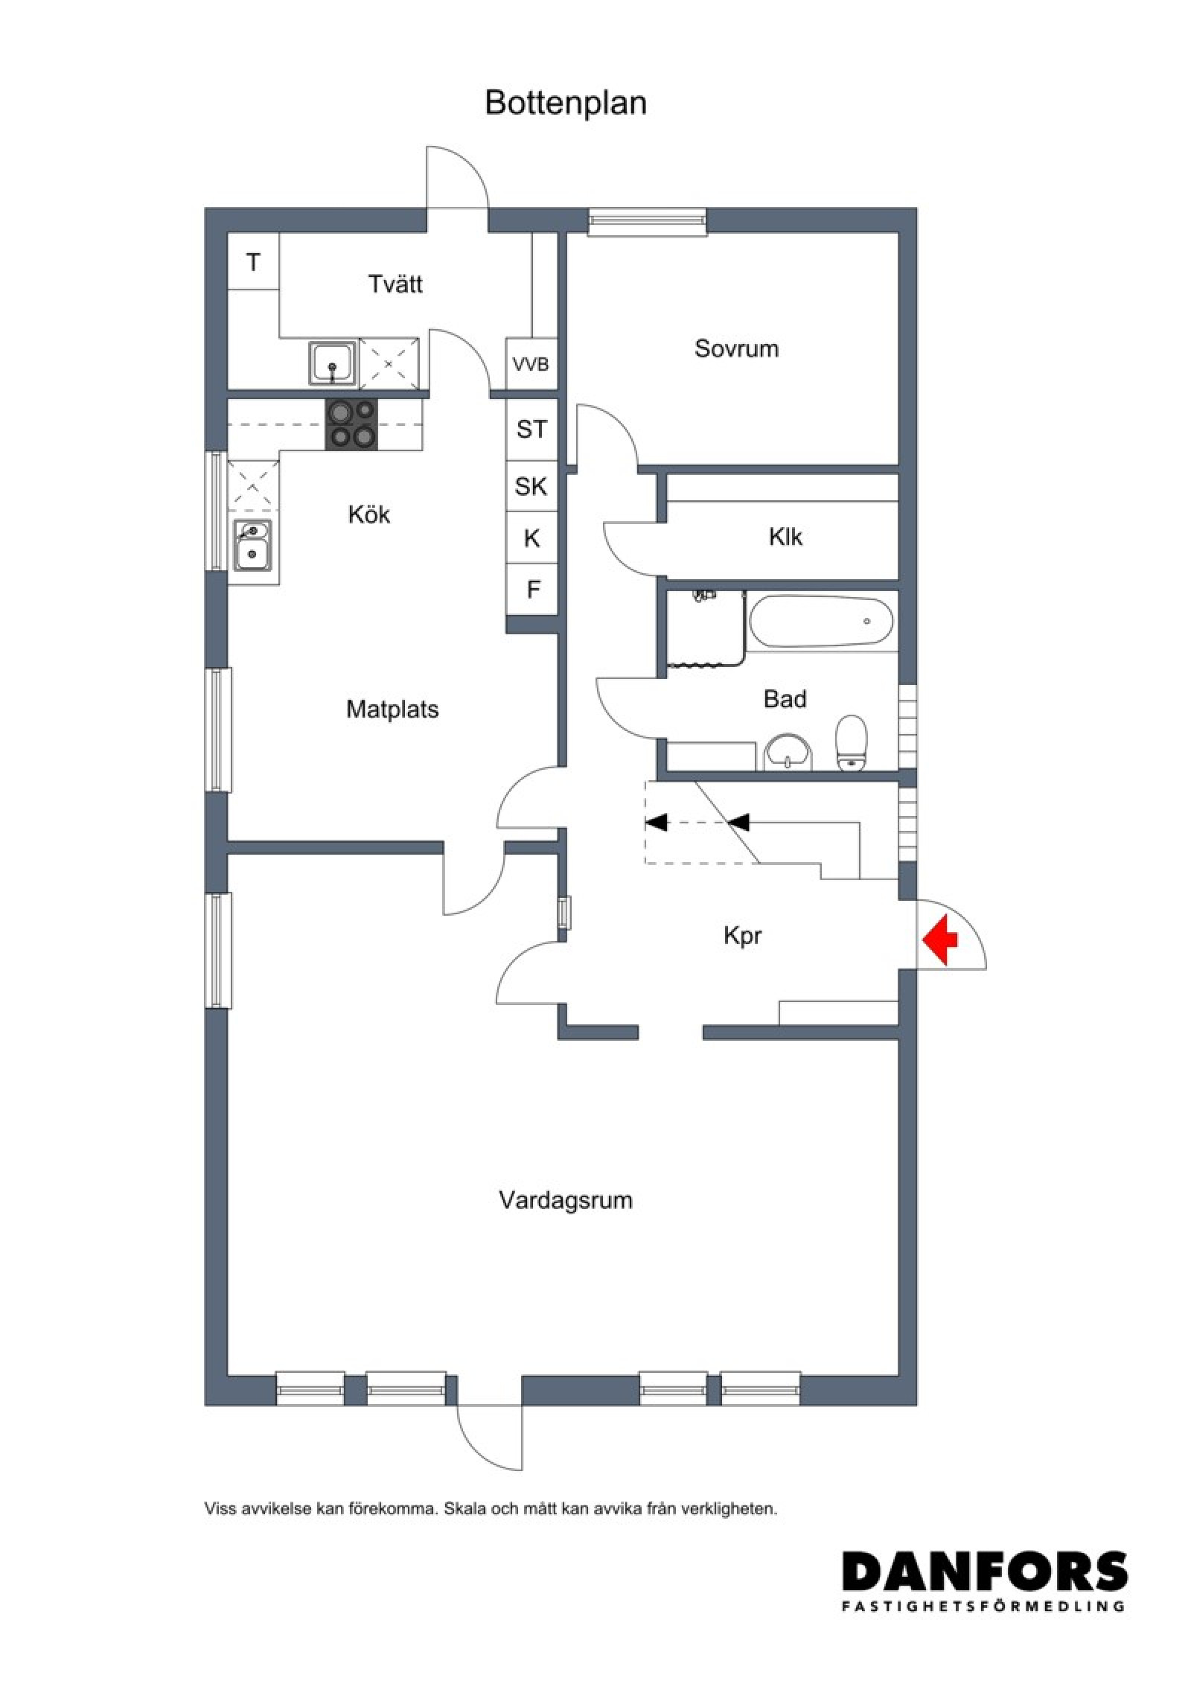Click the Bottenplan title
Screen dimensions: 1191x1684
tap(566, 103)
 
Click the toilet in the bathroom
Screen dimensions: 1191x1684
tap(852, 742)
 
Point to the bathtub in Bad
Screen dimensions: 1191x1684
tap(820, 622)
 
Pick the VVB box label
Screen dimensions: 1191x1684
tap(531, 365)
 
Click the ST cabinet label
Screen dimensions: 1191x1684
tap(531, 429)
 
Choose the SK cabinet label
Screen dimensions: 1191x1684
tap(531, 487)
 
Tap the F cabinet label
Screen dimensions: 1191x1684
tap(533, 590)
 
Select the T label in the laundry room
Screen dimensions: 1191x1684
tap(254, 262)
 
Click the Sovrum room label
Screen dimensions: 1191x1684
tap(736, 348)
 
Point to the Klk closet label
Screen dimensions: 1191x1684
tap(785, 537)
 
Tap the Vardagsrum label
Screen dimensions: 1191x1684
tap(566, 1200)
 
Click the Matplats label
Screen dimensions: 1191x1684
tap(392, 709)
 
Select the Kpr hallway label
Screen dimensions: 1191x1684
tap(743, 936)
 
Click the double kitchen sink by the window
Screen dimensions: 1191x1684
tap(253, 545)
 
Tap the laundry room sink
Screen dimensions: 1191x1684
tap(332, 364)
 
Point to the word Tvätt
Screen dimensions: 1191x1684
tap(395, 284)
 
